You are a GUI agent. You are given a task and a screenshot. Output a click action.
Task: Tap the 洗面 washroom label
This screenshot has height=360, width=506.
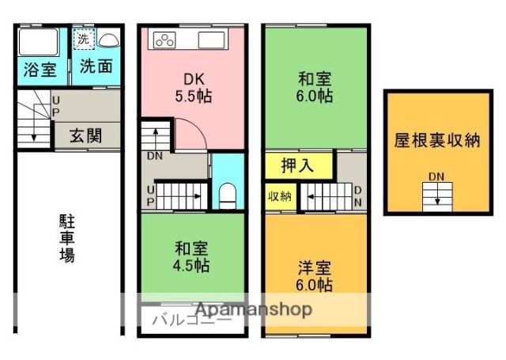(96, 69)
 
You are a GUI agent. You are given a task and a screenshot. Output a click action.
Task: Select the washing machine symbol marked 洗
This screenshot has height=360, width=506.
(83, 39)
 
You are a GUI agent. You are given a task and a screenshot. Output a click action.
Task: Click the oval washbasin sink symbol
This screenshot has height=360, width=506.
(108, 40)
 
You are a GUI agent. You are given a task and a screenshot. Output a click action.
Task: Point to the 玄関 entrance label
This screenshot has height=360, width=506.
(85, 135)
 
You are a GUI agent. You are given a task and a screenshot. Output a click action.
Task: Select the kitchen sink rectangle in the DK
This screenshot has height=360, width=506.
(213, 40)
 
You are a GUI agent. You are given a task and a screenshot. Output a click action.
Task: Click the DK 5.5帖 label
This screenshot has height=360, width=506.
(194, 88)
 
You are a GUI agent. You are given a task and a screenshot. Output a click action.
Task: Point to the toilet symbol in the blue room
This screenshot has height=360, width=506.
(228, 194)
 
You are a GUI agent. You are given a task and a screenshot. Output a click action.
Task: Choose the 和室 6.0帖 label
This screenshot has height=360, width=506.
(315, 87)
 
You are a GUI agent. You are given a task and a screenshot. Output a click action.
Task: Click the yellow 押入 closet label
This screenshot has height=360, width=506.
(299, 166)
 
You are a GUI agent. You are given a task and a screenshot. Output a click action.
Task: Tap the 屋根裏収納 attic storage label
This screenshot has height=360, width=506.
(436, 141)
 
